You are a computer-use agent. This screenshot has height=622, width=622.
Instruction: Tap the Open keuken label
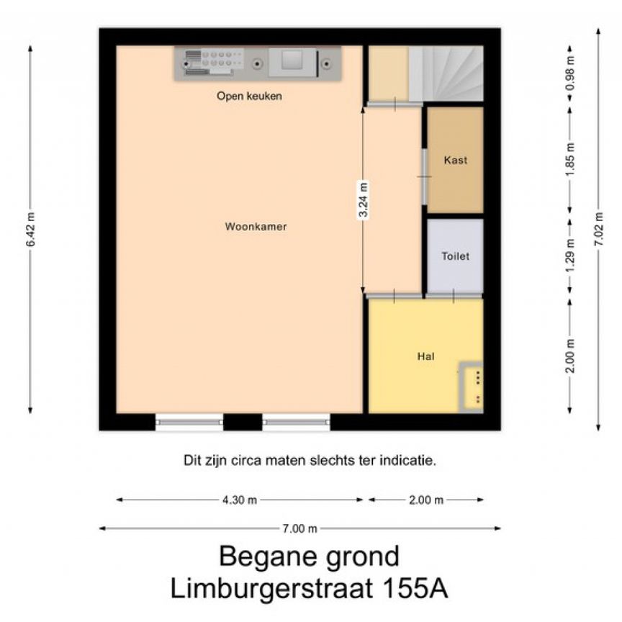tap(249, 96)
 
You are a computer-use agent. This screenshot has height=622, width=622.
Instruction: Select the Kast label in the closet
tap(455, 160)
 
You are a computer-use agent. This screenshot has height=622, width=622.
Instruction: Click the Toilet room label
tap(455, 256)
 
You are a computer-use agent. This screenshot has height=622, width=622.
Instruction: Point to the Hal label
tap(425, 356)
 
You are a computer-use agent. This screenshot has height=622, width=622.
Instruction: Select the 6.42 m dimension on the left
tap(30, 230)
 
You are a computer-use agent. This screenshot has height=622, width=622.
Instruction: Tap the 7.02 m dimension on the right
tap(598, 230)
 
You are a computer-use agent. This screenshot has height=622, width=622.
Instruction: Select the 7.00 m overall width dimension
tap(299, 528)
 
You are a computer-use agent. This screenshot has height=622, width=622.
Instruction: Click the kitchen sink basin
tap(292, 62)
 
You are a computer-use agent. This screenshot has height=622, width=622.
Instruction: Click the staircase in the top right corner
tap(446, 73)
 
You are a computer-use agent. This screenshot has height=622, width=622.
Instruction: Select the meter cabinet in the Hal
tap(472, 386)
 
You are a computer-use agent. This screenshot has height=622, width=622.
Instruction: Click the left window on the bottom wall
tap(189, 423)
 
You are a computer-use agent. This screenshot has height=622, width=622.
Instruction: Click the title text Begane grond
tap(309, 556)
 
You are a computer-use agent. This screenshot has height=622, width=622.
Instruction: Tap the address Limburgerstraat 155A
tap(309, 588)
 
